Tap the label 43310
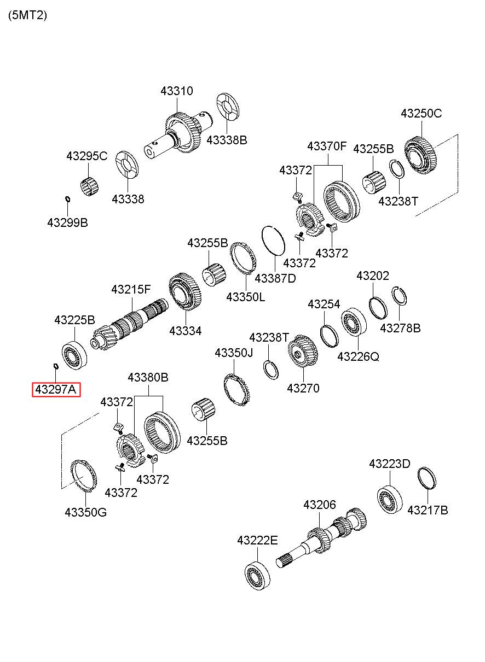(x=176, y=91)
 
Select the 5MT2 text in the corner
(x=27, y=15)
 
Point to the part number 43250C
(x=421, y=114)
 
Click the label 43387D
(x=275, y=278)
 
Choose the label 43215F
(x=130, y=289)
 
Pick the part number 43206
(x=319, y=505)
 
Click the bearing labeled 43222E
(x=258, y=575)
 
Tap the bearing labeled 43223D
(x=389, y=498)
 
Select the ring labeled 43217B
(x=427, y=479)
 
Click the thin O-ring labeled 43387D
(x=273, y=240)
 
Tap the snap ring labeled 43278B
(x=400, y=296)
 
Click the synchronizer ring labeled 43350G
(x=85, y=476)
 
